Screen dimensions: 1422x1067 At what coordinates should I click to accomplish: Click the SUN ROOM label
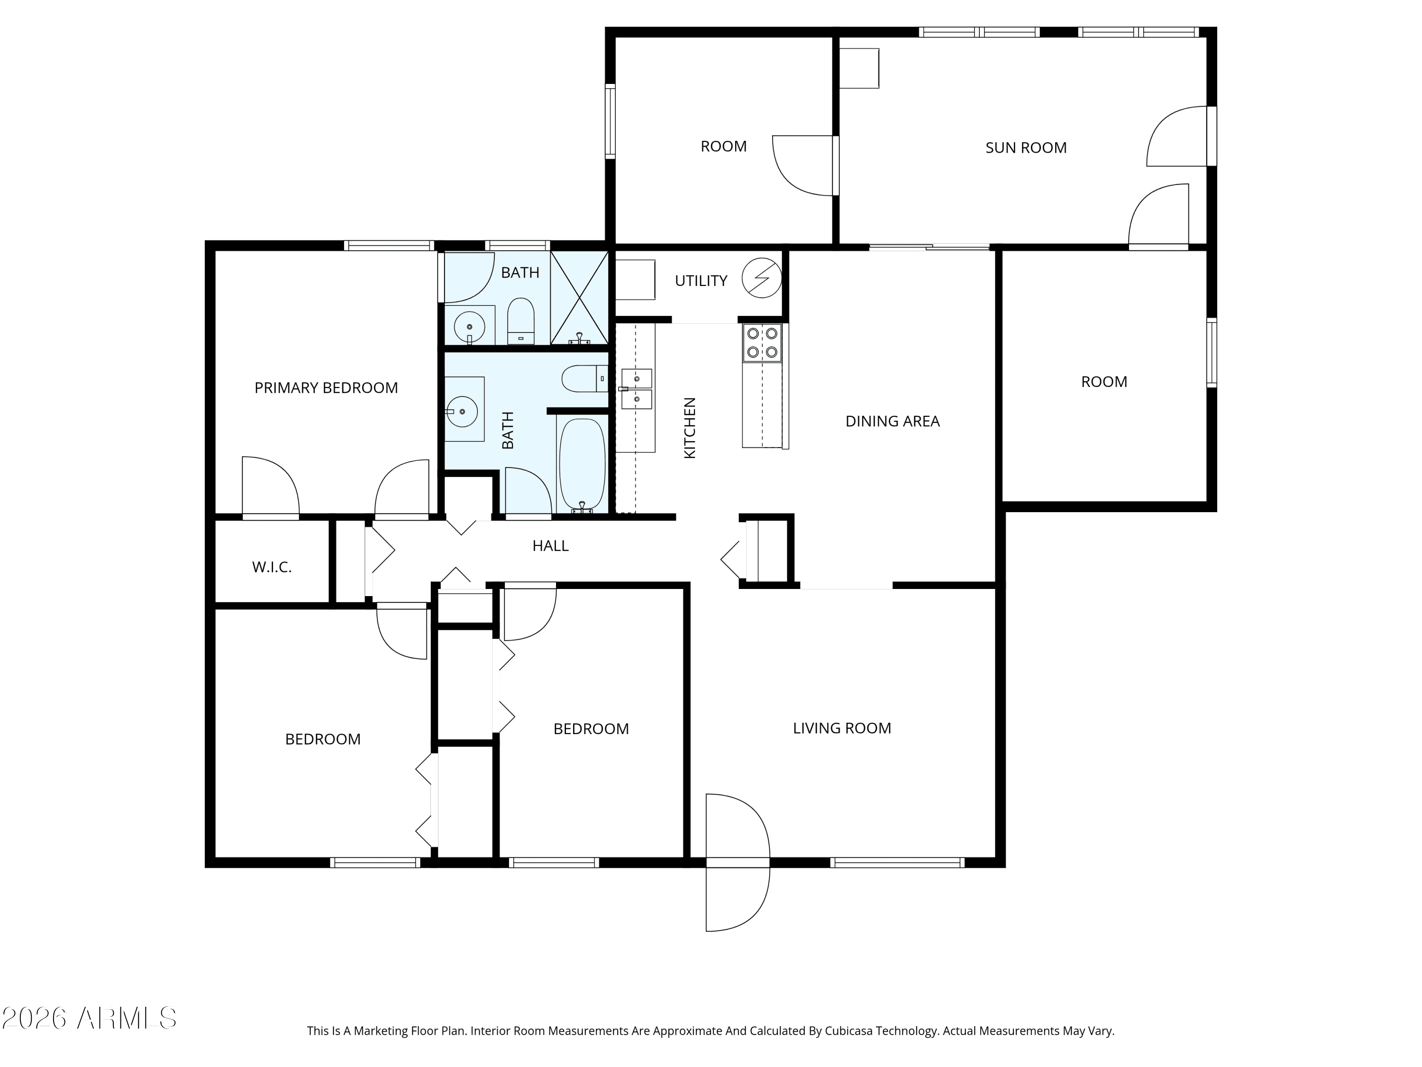click(x=1026, y=148)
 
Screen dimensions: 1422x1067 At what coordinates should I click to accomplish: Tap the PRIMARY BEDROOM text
click(x=326, y=388)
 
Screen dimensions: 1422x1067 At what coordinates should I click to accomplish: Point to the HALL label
click(x=550, y=546)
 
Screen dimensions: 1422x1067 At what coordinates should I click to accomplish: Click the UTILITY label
click(x=701, y=281)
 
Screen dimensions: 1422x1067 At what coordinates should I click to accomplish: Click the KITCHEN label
click(x=690, y=428)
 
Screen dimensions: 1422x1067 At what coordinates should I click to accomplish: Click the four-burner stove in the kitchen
click(x=762, y=343)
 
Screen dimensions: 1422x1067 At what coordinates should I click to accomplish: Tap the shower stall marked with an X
click(x=579, y=298)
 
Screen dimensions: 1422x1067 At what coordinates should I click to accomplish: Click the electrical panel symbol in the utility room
click(x=762, y=278)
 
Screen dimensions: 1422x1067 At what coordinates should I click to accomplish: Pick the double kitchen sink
click(x=637, y=389)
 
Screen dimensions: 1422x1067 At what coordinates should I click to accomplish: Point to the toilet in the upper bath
click(x=521, y=321)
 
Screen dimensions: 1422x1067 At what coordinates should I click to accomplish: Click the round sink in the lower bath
click(x=462, y=411)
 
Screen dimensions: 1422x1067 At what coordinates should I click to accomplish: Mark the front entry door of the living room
click(x=738, y=863)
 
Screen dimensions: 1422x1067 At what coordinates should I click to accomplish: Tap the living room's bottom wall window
click(x=897, y=863)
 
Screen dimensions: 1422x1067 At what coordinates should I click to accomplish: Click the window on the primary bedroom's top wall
click(x=389, y=245)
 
